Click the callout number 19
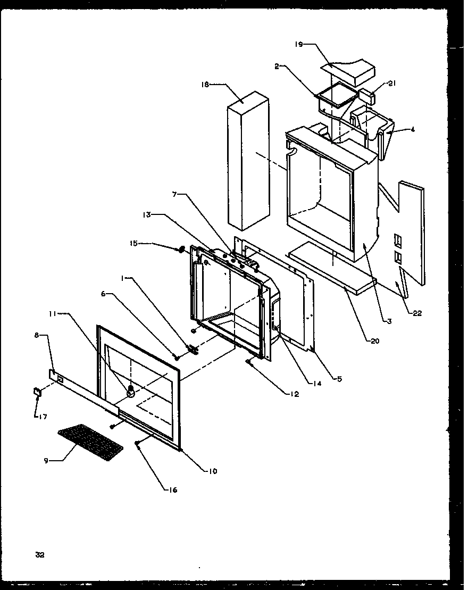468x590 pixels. pyautogui.click(x=299, y=45)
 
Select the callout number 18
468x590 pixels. pyautogui.click(x=206, y=84)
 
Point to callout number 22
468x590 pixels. pyautogui.click(x=417, y=313)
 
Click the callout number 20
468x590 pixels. pyautogui.click(x=375, y=341)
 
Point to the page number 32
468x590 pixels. pyautogui.click(x=40, y=555)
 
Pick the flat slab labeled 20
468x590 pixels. pyautogui.click(x=332, y=266)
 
